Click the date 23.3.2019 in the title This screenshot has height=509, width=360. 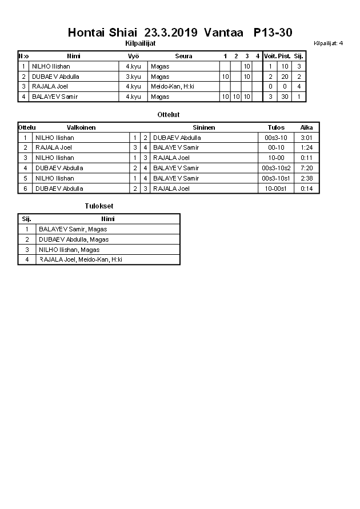pos(171,33)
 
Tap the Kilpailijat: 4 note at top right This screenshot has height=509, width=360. pos(328,43)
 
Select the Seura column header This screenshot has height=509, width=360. pos(183,56)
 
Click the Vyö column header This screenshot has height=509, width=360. pos(133,56)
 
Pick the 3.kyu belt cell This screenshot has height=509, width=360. pos(133,77)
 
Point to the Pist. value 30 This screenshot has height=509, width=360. pos(284,97)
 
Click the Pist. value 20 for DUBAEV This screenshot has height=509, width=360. pos(284,77)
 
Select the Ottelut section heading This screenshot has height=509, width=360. pos(169,115)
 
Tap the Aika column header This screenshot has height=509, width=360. pos(307,127)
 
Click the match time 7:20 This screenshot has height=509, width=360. pos(307,168)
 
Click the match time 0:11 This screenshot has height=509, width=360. pos(307,158)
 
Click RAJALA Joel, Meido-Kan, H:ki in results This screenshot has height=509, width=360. pos(81,260)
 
